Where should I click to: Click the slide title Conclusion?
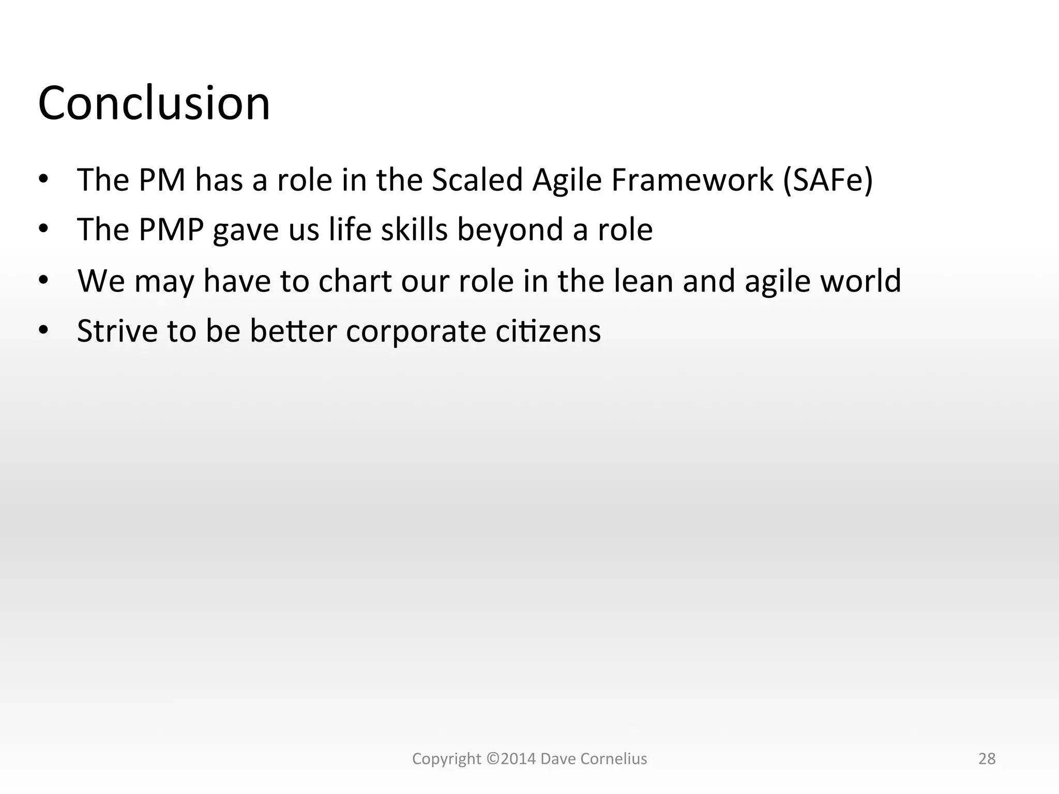point(154,103)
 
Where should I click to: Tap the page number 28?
point(987,759)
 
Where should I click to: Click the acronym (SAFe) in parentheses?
point(827,180)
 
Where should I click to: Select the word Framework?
point(692,180)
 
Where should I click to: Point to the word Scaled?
point(477,180)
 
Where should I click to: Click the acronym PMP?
point(171,230)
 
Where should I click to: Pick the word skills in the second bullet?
point(414,230)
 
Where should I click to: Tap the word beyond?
point(510,231)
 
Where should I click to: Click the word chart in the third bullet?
point(355,281)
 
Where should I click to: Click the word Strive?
point(117,331)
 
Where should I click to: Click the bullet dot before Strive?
point(43,330)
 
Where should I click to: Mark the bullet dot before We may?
point(43,280)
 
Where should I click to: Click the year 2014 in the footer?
point(519,759)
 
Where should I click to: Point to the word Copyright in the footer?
point(446,759)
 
